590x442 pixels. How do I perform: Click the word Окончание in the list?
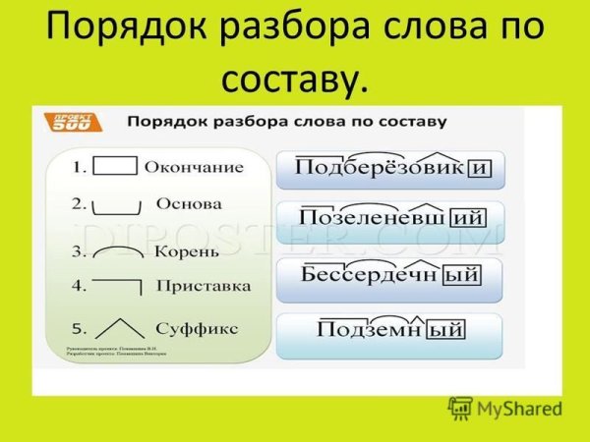click(x=194, y=167)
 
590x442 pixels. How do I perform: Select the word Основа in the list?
click(x=189, y=204)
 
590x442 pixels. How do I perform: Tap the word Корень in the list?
click(x=187, y=251)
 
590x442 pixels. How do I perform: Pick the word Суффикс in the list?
click(x=197, y=328)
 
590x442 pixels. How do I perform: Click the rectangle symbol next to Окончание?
click(x=119, y=166)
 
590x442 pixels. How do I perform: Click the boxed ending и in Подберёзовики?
click(x=479, y=169)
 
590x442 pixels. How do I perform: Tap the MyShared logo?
click(x=504, y=409)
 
